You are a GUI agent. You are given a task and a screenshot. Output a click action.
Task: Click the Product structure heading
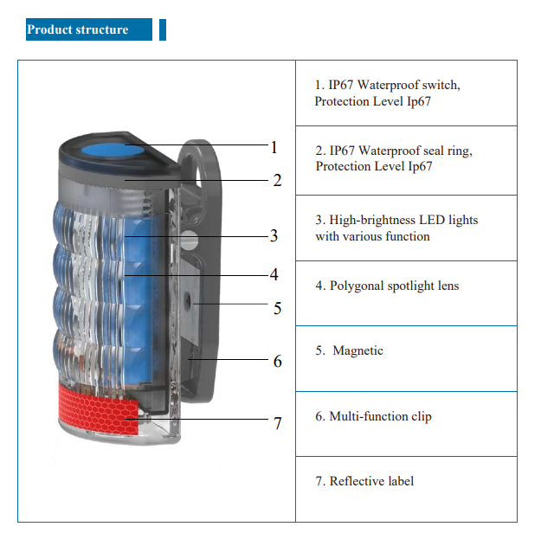(x=78, y=29)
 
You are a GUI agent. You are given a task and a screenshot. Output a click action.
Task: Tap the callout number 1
(x=274, y=147)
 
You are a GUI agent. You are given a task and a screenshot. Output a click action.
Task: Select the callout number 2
(x=277, y=181)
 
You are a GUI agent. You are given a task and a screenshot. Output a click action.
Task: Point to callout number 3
(x=274, y=235)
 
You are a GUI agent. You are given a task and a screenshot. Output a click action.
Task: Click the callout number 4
(x=274, y=274)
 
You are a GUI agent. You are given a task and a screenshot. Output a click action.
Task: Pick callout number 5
(x=277, y=308)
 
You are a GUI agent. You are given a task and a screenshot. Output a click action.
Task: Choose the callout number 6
(x=277, y=361)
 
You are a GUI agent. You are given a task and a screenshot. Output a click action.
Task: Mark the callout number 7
(x=277, y=423)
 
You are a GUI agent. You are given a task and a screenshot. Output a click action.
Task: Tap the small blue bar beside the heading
(x=163, y=29)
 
